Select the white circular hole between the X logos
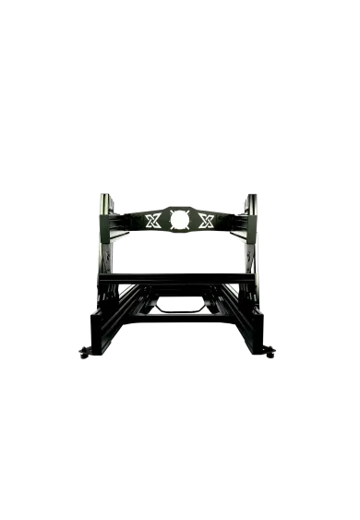click(x=179, y=219)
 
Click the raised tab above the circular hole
click(x=179, y=202)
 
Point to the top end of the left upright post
click(x=103, y=196)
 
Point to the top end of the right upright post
click(x=249, y=196)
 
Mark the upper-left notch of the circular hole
click(x=171, y=211)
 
